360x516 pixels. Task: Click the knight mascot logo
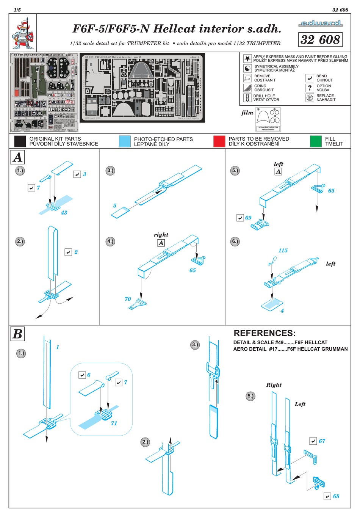23,33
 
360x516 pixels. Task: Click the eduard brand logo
320,24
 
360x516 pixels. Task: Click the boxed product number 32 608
320,39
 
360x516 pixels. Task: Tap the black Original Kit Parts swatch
20,141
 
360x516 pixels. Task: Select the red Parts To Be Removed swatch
219,141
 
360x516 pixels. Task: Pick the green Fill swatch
315,141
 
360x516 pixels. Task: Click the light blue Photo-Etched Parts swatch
124,141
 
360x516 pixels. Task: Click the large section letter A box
17,157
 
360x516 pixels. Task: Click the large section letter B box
17,334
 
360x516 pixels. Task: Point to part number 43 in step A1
64,213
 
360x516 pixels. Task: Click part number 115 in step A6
283,251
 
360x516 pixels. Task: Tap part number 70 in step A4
128,299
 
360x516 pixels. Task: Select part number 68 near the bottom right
336,496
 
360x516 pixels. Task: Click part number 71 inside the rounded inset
114,423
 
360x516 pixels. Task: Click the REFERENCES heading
264,333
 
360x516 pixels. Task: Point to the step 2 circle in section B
145,442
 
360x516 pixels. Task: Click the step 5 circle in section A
235,171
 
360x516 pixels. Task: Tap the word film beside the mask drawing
247,113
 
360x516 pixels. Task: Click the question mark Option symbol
310,88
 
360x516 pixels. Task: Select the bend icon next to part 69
240,218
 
